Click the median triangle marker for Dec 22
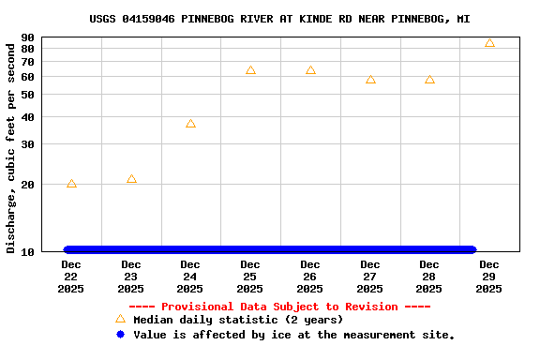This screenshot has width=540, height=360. [71, 184]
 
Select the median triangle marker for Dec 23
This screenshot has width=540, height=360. [131, 179]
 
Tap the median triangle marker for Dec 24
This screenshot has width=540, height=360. [190, 124]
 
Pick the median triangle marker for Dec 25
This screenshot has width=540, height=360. [250, 70]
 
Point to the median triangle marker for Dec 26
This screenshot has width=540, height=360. [310, 70]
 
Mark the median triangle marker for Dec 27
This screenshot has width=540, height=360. [370, 80]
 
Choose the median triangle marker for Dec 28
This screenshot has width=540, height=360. [429, 80]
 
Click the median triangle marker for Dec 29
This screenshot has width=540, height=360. [489, 43]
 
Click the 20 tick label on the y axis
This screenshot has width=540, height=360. [27, 185]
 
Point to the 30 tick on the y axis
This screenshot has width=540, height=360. [27, 144]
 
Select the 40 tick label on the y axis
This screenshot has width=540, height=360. [27, 117]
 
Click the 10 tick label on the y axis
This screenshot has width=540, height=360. [27, 252]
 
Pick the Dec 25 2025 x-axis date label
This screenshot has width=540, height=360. [250, 277]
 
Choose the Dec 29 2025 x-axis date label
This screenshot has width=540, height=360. [489, 277]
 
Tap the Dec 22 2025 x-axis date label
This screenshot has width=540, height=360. [71, 277]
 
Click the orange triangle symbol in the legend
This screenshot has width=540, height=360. [120, 319]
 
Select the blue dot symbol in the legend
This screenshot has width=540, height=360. [120, 335]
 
